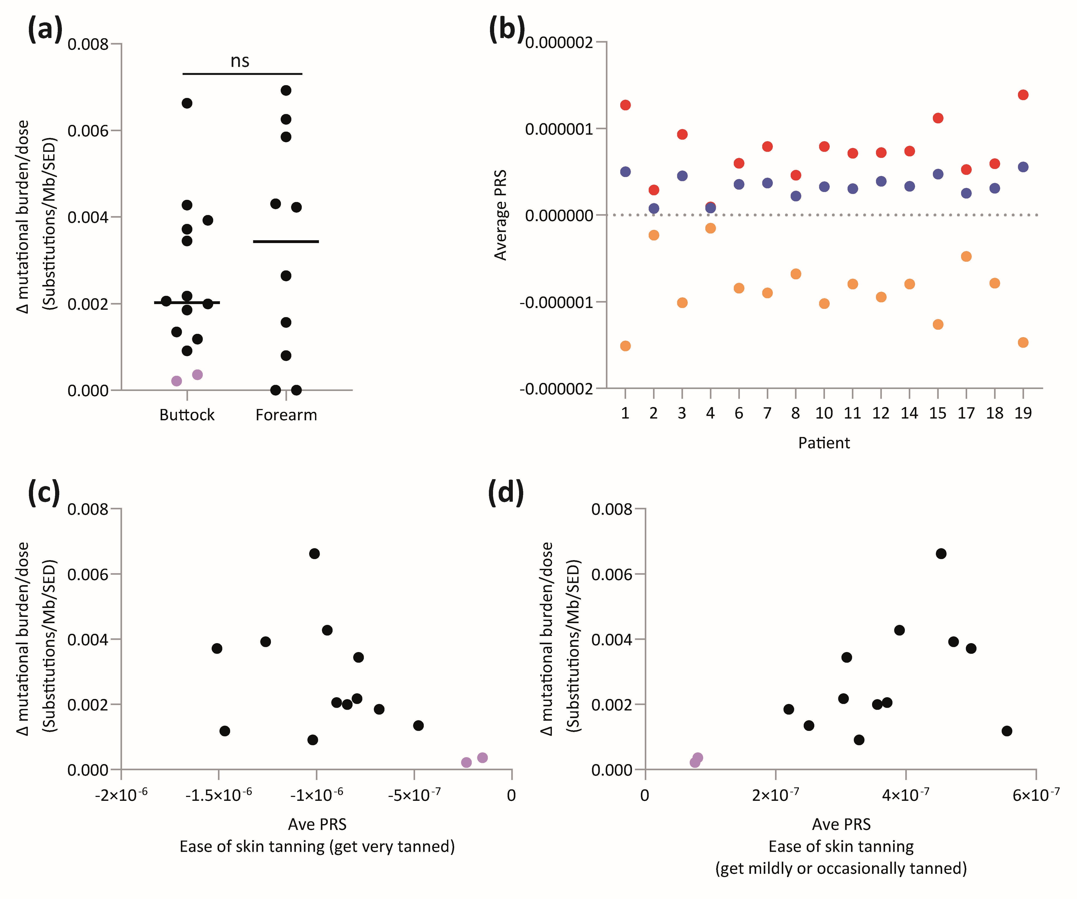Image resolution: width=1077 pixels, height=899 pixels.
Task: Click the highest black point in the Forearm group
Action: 286,90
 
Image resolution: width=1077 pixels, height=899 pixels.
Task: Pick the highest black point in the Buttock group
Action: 187,103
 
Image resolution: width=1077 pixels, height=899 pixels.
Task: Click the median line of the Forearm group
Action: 286,241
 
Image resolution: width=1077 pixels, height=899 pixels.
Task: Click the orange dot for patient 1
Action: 625,346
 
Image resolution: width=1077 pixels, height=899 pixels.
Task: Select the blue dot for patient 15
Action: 938,174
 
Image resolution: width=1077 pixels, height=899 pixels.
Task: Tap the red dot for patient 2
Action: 653,190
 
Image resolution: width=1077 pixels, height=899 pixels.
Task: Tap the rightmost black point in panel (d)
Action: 1007,731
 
